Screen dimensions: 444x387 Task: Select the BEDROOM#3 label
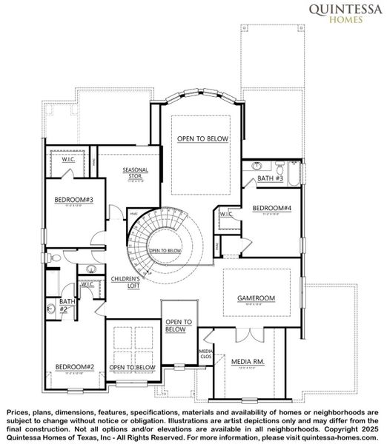click(68, 200)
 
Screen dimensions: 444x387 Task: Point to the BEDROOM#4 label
click(271, 209)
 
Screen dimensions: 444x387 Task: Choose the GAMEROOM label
click(256, 298)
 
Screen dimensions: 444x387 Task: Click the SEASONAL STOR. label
click(136, 173)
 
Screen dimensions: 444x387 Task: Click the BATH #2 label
click(67, 305)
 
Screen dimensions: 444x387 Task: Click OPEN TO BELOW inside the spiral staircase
click(165, 251)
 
